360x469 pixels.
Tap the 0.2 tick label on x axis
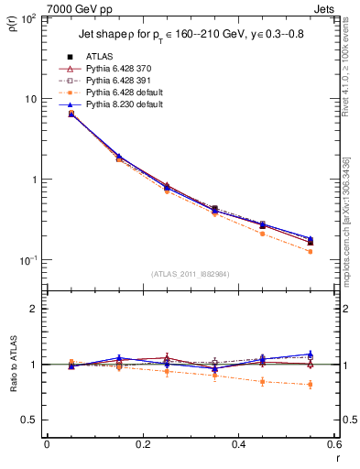point(143,446)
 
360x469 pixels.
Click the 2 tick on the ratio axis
point(36,309)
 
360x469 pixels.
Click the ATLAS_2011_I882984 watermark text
point(191,273)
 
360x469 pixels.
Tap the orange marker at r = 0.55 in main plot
point(311,251)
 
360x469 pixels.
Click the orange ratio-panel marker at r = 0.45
point(262,381)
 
